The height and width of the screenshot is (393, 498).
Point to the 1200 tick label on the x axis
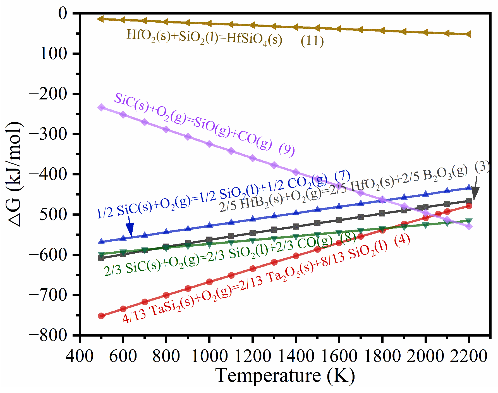point(252,356)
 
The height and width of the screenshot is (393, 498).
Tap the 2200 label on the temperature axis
point(469,356)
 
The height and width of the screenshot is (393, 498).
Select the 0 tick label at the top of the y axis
point(63,13)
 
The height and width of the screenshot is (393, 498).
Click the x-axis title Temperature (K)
point(285,376)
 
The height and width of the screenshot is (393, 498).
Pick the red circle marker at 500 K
point(101,316)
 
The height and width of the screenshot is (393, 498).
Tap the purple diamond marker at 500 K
point(101,108)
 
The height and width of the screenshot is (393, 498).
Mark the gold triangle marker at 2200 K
point(469,34)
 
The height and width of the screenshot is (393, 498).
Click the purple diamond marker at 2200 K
point(469,226)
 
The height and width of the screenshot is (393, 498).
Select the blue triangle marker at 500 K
point(101,241)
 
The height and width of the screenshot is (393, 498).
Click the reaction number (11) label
point(312,41)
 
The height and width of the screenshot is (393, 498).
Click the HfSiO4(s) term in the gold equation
point(254,39)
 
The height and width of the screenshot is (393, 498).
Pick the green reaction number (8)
point(348,238)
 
